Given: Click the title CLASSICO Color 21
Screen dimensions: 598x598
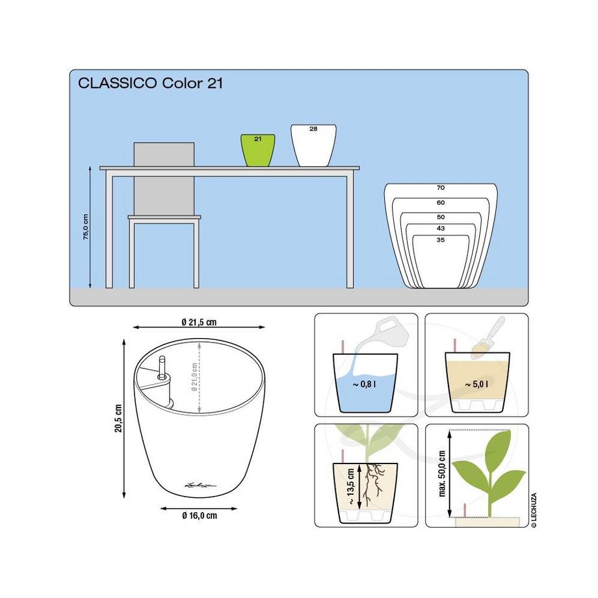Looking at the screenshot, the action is [x=150, y=83].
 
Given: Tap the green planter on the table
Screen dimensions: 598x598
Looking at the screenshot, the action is [x=258, y=150].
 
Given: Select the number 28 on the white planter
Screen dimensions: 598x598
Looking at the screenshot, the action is [x=313, y=129].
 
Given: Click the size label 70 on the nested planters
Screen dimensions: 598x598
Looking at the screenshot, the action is [x=441, y=188].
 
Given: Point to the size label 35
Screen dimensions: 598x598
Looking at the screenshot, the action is [x=441, y=240].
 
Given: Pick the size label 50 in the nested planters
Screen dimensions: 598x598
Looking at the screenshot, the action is [x=441, y=217].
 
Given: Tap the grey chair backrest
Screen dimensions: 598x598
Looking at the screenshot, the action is [x=164, y=155].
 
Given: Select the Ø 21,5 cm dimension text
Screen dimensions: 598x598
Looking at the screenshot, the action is [x=199, y=322].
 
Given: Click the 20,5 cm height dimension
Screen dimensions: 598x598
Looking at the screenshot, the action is [x=118, y=419].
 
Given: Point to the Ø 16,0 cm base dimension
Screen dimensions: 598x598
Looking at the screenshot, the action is [x=200, y=515].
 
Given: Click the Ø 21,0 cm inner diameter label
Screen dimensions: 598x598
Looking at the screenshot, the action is [x=194, y=378].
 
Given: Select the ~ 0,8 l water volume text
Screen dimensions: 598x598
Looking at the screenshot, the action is [x=364, y=384].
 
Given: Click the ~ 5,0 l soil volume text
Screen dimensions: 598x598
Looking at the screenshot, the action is [x=476, y=384].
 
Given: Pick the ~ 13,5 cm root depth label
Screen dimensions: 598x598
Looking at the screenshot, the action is [x=351, y=487].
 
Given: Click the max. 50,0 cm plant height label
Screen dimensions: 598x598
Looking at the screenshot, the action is [x=442, y=474].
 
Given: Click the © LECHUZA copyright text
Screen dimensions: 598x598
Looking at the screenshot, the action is [x=534, y=510].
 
